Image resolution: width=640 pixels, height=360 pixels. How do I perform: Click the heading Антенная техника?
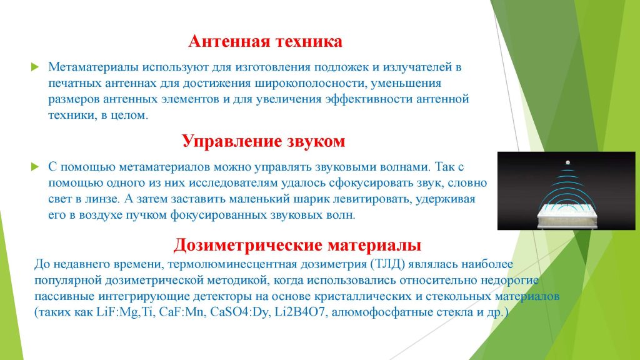pyautogui.click(x=265, y=42)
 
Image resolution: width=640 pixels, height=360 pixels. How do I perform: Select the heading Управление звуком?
pyautogui.click(x=263, y=141)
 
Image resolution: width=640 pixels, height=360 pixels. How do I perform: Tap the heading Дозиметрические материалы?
pyautogui.click(x=297, y=245)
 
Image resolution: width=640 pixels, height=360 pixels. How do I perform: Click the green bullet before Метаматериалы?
pyautogui.click(x=35, y=67)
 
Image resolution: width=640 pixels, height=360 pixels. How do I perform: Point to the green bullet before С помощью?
pyautogui.click(x=35, y=166)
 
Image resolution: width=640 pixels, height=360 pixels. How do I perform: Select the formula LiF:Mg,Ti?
pyautogui.click(x=126, y=312)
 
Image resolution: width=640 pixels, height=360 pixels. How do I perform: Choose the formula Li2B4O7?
pyautogui.click(x=299, y=312)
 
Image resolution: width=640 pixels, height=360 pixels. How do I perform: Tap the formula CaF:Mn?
pyautogui.click(x=182, y=312)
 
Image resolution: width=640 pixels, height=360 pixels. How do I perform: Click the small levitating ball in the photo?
pyautogui.click(x=567, y=162)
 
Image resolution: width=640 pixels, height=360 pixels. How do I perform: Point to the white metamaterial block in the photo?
pyautogui.click(x=567, y=216)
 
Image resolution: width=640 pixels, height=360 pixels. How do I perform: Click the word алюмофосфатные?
pyautogui.click(x=381, y=312)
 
